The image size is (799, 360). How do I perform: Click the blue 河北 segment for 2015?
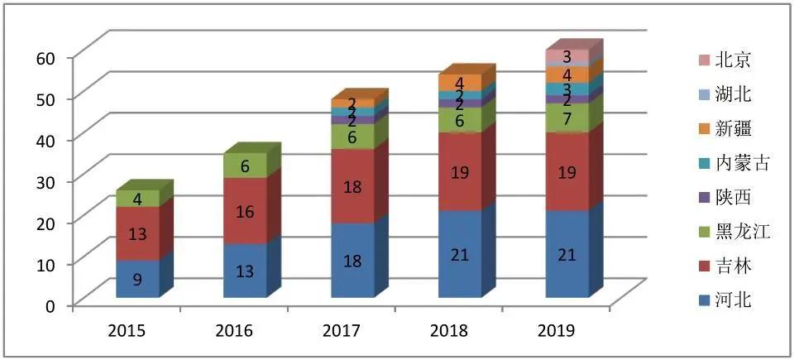[x=137, y=279]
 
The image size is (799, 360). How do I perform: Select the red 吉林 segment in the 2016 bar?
[x=245, y=211]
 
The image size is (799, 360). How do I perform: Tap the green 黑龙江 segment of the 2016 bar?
[x=245, y=166]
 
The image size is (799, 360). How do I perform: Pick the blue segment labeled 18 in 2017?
[x=352, y=260]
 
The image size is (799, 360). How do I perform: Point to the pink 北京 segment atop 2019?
[x=567, y=57]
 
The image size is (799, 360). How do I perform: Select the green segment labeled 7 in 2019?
[x=567, y=118]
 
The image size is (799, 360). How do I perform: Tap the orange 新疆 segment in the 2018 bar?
[x=460, y=83]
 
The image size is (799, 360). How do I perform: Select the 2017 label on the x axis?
[x=341, y=331]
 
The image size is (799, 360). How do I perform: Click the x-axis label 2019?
[x=557, y=331]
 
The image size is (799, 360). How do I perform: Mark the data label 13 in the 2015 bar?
[x=137, y=233]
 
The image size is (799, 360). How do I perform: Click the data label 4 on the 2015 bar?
[x=137, y=199]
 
